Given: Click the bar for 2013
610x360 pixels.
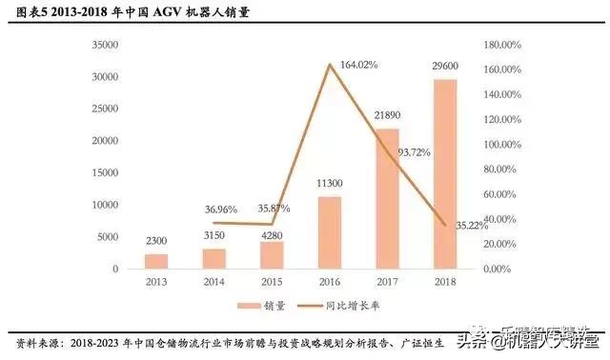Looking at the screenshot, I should (155, 261).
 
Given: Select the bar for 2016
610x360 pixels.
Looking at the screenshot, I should (329, 232).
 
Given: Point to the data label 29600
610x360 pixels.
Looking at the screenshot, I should (444, 68).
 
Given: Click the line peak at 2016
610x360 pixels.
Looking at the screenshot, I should (329, 65).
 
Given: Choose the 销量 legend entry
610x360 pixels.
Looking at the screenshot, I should (260, 306).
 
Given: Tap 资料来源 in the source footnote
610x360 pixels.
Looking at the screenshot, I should (37, 341).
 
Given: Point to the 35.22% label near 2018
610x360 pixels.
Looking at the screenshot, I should (471, 226).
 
